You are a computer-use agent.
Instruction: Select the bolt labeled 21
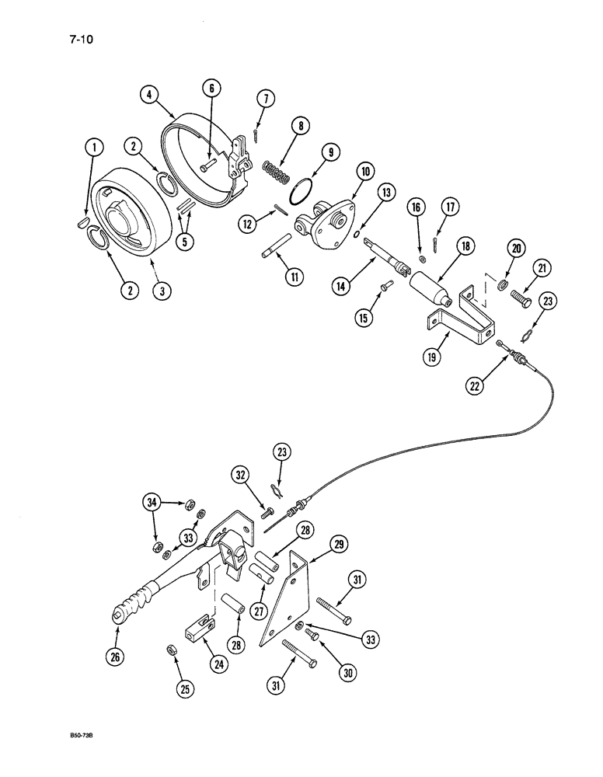[x=524, y=296]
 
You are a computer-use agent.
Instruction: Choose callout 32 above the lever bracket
[x=241, y=475]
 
